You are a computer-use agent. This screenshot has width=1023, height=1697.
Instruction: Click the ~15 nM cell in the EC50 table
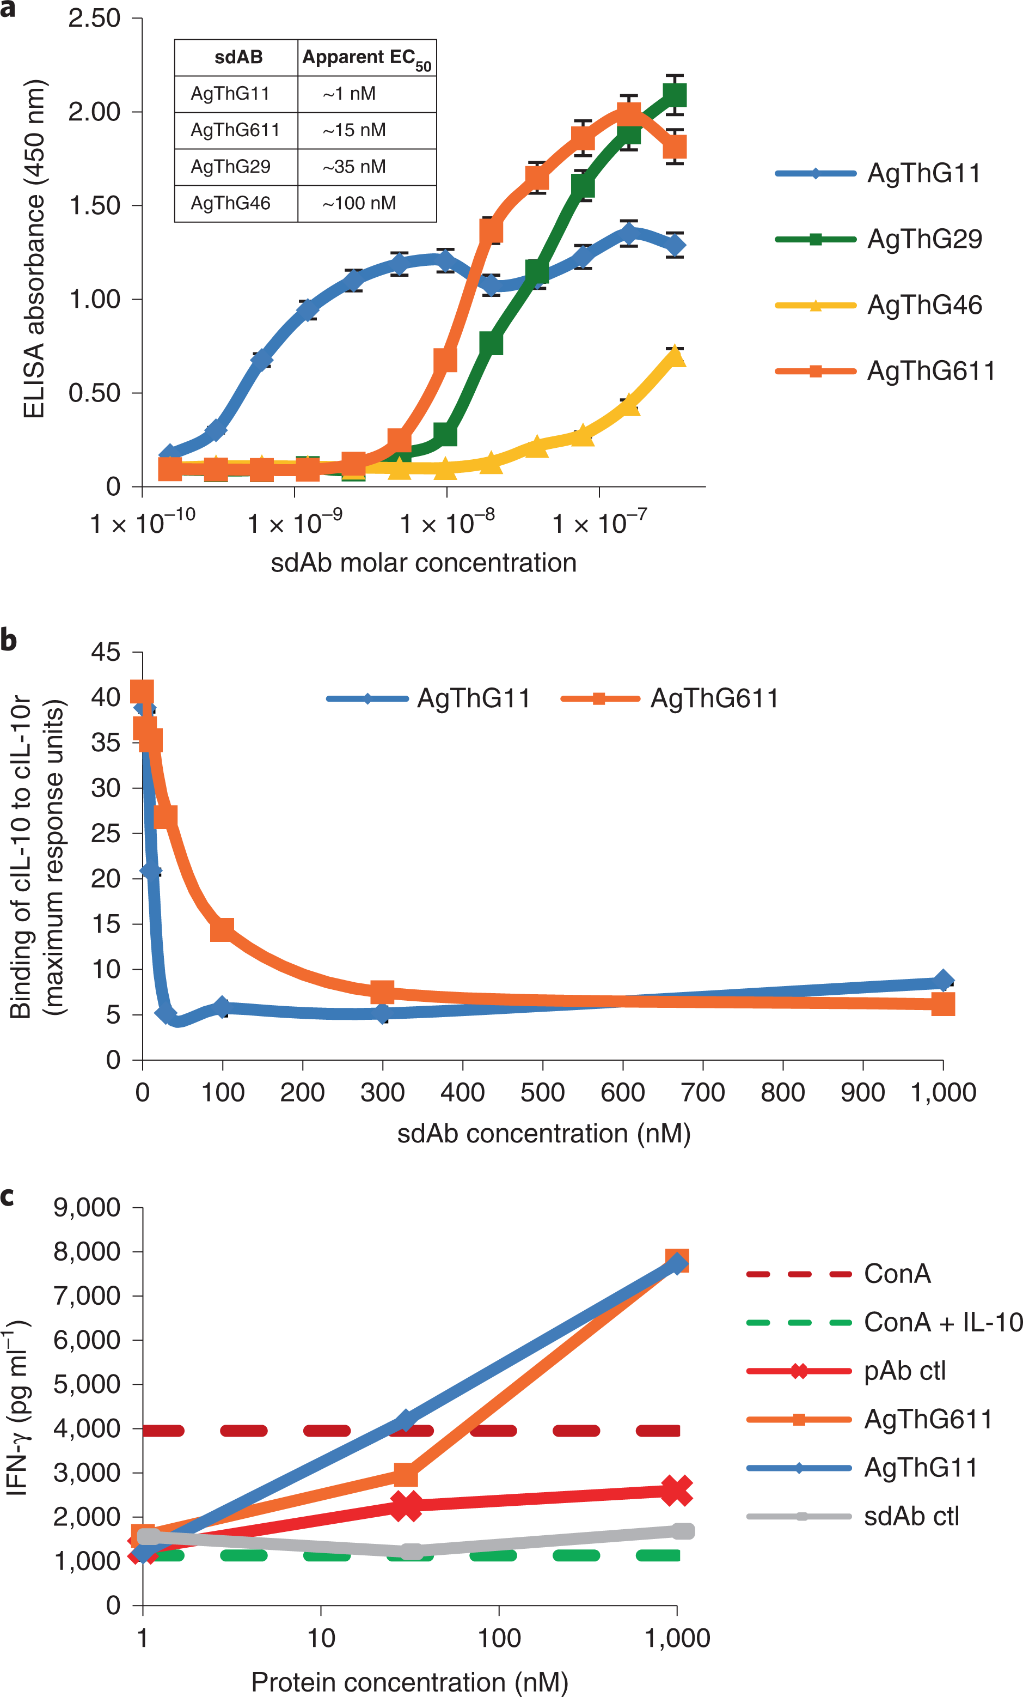click(354, 130)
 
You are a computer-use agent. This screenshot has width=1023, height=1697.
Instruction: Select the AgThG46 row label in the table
click(231, 203)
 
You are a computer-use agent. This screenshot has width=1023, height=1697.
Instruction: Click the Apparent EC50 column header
click(366, 58)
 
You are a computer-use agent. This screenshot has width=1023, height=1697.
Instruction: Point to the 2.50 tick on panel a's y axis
click(94, 18)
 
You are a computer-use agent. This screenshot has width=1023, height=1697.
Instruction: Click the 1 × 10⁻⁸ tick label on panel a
click(447, 524)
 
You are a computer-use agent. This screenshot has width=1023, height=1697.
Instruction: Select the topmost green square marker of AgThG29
click(675, 95)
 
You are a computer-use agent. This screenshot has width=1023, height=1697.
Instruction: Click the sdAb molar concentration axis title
click(424, 563)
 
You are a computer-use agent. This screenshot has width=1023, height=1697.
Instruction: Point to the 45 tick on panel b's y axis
click(105, 652)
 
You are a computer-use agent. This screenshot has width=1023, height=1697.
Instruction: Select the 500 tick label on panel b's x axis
click(542, 1093)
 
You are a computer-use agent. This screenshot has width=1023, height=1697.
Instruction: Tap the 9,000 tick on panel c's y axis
click(87, 1207)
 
